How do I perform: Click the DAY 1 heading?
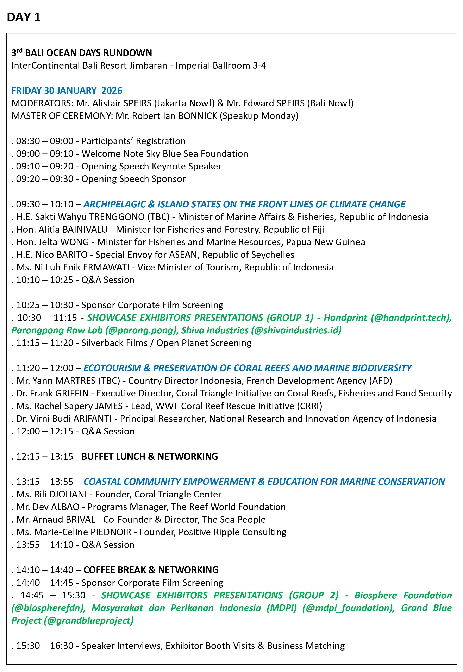(x=24, y=17)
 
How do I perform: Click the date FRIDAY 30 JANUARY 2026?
(x=67, y=90)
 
